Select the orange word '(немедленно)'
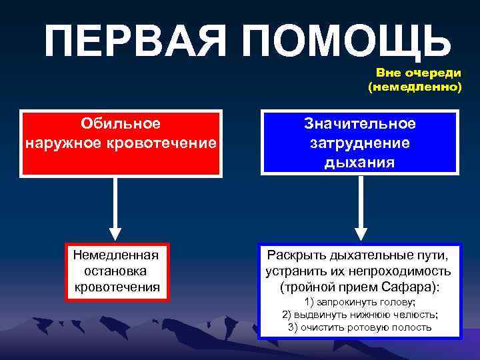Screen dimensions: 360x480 414,87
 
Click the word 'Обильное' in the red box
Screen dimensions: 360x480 120,124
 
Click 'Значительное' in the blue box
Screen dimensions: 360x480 360,124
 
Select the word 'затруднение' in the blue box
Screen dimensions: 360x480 360,143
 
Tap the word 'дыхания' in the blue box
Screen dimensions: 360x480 360,163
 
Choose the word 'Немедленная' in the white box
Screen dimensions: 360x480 115,255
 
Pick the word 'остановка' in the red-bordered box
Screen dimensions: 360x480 115,271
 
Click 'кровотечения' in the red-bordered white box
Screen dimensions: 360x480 117,287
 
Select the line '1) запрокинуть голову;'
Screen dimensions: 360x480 360,303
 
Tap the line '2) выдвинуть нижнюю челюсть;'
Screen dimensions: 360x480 360,315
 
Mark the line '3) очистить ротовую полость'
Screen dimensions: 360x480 360,327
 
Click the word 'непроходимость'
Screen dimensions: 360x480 400,271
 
